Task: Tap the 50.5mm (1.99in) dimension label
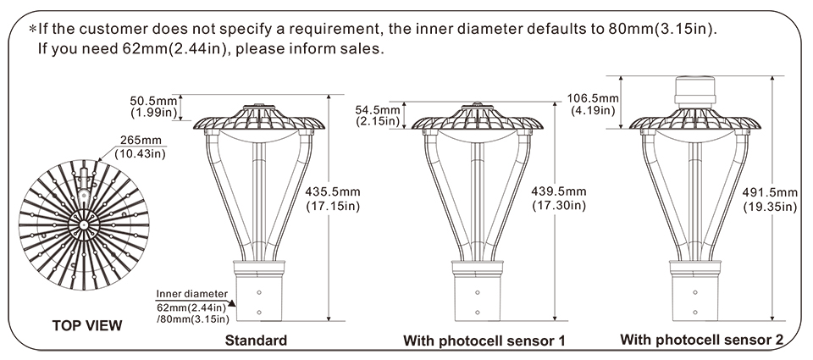click(x=152, y=106)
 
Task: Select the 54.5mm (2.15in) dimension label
click(x=378, y=116)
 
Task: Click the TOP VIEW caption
click(x=87, y=325)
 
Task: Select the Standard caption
click(x=255, y=341)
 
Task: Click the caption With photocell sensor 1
click(x=484, y=341)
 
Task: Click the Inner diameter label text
click(x=191, y=293)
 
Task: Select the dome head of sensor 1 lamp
click(x=480, y=119)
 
